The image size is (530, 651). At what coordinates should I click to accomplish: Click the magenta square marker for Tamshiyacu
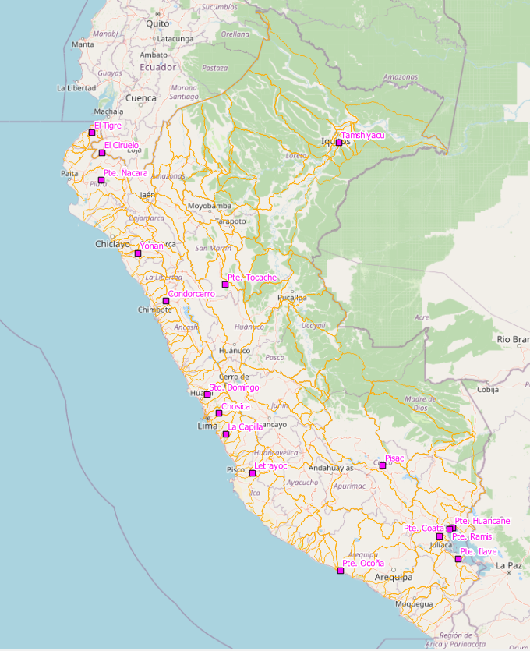339,142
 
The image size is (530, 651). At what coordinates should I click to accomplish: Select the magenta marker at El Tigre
92,133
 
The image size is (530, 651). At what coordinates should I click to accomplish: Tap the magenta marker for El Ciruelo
102,153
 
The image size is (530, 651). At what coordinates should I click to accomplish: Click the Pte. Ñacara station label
125,172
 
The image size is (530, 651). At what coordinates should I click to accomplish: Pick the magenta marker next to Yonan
138,253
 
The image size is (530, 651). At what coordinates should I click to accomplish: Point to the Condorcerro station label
191,294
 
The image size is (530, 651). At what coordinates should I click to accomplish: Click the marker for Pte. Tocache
225,285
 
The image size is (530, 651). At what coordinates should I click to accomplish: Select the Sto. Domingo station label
234,387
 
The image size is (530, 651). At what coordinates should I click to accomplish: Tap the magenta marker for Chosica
219,413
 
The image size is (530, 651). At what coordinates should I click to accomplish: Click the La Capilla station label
246,426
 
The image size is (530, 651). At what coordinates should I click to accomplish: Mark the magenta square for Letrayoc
253,473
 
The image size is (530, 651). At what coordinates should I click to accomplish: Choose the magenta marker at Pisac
383,465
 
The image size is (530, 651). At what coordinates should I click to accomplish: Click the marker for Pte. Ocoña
341,571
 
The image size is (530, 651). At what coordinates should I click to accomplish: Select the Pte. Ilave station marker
458,558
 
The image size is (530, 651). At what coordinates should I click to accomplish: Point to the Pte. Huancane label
482,520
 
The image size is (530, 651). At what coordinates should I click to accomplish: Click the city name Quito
157,23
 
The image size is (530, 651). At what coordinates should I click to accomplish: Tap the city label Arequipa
393,578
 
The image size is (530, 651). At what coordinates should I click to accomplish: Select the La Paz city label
509,565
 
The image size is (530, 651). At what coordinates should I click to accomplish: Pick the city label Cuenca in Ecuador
141,98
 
